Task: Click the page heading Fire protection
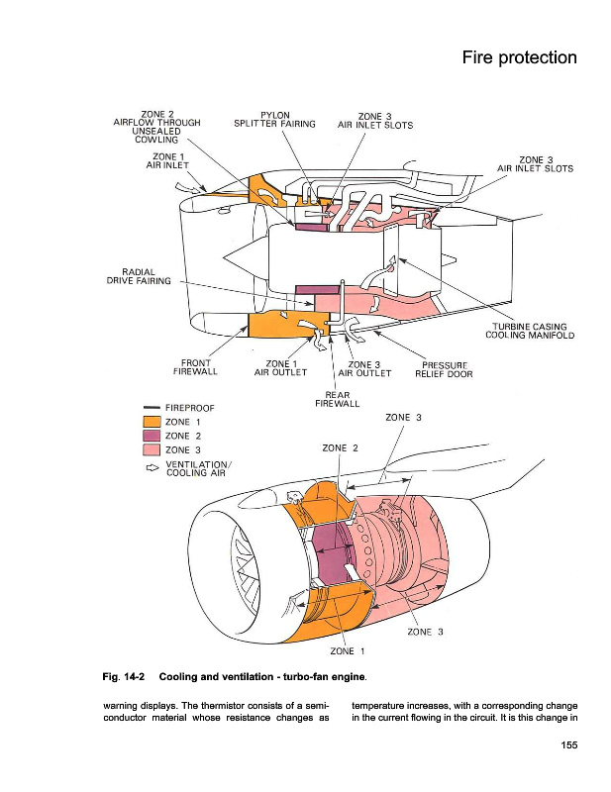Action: [519, 57]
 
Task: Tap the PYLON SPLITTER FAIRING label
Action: [274, 119]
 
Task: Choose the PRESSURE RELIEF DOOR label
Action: [445, 368]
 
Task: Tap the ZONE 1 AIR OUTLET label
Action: [280, 368]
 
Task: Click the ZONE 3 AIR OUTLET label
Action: [365, 368]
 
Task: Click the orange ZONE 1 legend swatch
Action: [152, 422]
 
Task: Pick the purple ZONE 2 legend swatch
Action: [152, 436]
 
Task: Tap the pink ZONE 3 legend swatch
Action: [152, 450]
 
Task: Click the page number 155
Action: [565, 745]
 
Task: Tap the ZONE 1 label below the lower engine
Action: [348, 650]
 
